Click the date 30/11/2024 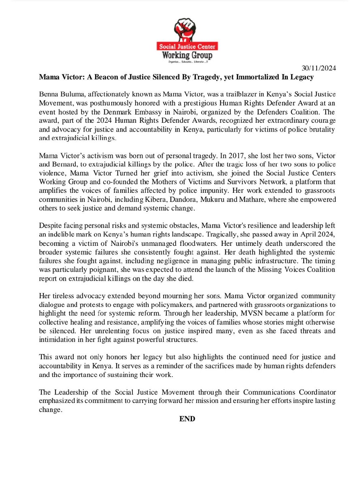[x=319, y=68]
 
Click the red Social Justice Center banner [x=187, y=46]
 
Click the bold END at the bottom [x=187, y=419]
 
